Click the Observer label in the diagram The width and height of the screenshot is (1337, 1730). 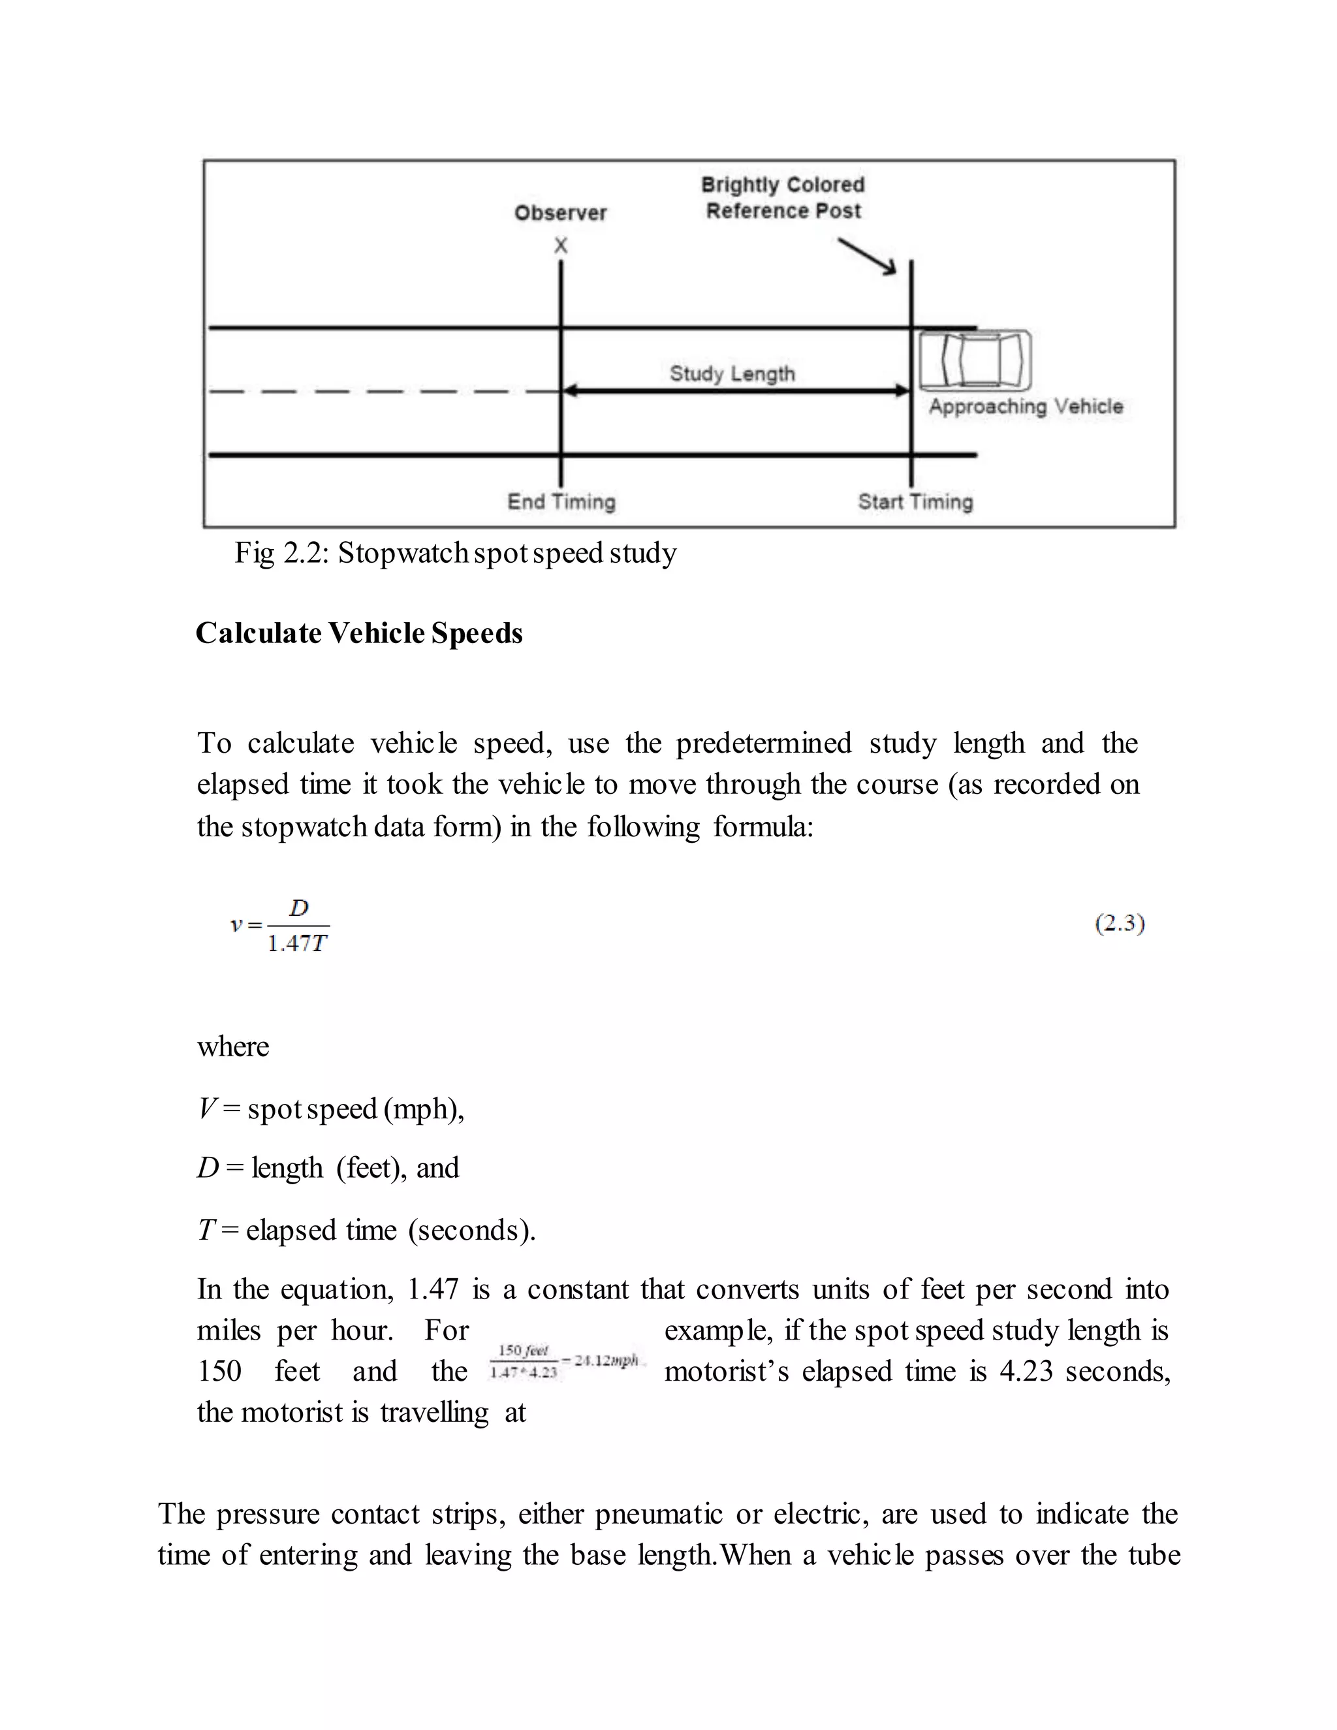(x=560, y=212)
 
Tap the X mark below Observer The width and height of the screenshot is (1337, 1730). (x=561, y=245)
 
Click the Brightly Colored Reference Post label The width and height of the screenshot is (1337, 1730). (x=783, y=198)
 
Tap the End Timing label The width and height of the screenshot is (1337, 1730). (x=561, y=501)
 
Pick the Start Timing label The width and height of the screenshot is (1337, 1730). (x=915, y=501)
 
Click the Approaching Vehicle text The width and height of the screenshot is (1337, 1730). (x=1026, y=406)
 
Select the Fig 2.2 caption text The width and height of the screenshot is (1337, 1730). (x=456, y=553)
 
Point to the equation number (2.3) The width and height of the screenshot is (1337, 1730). (x=1119, y=924)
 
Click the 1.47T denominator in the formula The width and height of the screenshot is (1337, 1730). (x=297, y=943)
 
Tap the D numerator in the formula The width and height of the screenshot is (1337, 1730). (x=298, y=908)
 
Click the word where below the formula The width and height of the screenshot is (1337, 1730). (x=233, y=1046)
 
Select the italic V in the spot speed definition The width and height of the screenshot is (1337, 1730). (x=208, y=1109)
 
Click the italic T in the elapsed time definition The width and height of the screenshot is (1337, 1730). (x=206, y=1230)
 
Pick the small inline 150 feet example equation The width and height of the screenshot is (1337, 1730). (x=564, y=1362)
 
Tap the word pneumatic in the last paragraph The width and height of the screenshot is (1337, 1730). (x=658, y=1514)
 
